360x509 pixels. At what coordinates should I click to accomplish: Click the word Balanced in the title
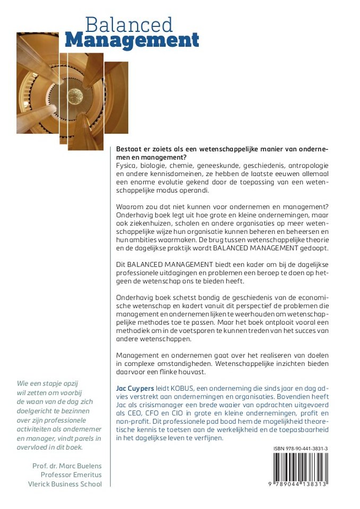coord(129,24)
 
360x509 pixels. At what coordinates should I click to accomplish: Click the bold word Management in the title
coord(132,40)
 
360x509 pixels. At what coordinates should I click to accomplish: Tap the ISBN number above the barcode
coord(301,449)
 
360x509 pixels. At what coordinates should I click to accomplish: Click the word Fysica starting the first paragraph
coord(126,166)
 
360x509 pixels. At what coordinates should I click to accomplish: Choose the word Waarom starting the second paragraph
coord(129,206)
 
